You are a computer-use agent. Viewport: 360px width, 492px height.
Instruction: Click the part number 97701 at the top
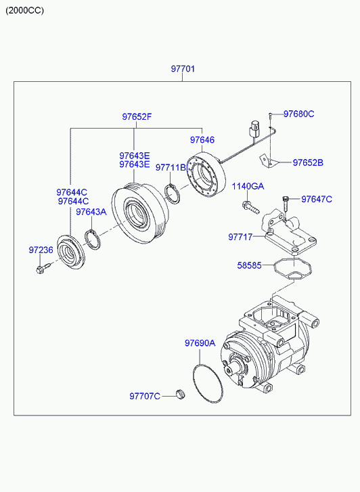tap(183, 69)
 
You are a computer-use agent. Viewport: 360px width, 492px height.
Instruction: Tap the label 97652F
tap(137, 116)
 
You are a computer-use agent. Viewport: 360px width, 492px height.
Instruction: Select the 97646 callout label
tap(202, 139)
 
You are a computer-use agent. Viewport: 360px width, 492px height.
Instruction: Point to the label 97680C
tap(299, 114)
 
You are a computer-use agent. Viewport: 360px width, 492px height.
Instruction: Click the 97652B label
tap(308, 162)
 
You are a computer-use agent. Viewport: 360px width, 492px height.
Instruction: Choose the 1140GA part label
tap(248, 186)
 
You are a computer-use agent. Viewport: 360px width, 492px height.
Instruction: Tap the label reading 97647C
tap(317, 199)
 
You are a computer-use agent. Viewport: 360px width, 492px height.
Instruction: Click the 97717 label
tap(240, 237)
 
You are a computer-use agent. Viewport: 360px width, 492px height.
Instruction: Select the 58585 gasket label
tap(249, 265)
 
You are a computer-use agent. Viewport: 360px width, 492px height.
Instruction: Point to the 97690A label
tap(200, 343)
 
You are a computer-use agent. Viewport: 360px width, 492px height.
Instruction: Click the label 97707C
tap(145, 397)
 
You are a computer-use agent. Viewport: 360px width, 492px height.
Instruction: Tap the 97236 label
tap(41, 250)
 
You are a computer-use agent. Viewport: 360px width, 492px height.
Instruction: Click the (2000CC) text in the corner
tap(25, 11)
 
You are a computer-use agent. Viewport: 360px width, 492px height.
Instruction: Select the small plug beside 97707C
tap(181, 394)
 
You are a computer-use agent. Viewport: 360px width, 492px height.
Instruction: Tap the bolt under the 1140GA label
tap(251, 206)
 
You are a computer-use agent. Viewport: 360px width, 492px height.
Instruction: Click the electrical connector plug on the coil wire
tap(254, 129)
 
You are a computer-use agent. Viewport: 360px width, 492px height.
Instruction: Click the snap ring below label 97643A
tap(93, 240)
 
